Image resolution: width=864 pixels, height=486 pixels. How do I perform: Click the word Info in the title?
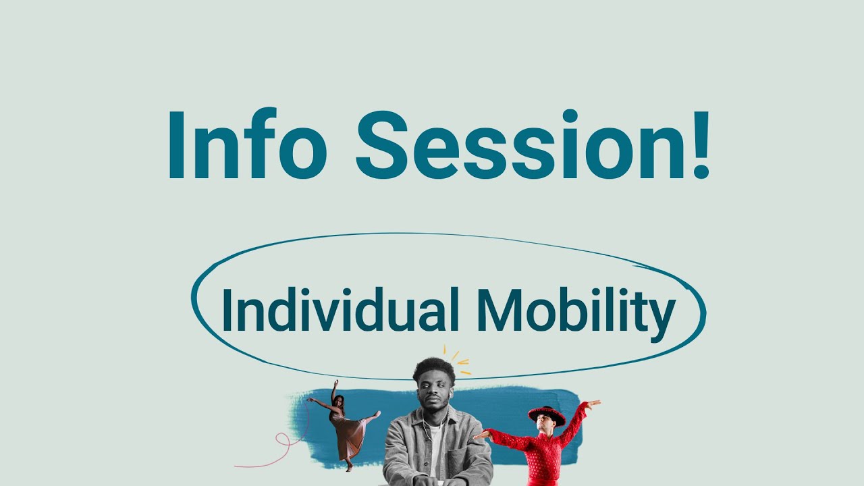(246, 146)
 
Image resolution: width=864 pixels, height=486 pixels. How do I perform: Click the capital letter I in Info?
(177, 146)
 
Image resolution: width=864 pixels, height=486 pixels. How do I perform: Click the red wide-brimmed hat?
(547, 414)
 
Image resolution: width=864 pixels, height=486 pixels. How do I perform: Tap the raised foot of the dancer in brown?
(377, 413)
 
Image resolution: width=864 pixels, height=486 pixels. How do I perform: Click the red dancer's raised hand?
(593, 404)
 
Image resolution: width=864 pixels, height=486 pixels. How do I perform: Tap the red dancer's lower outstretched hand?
(478, 435)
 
